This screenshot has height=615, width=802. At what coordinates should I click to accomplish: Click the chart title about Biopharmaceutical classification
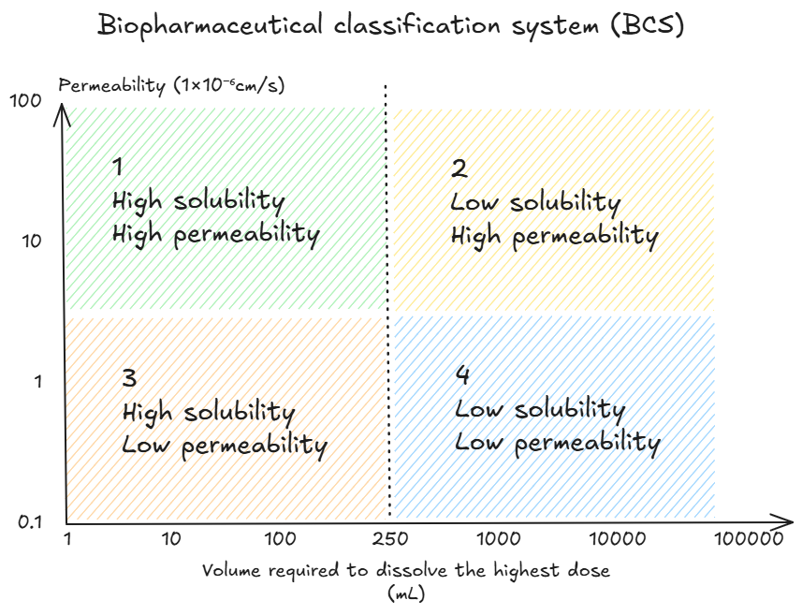point(391,25)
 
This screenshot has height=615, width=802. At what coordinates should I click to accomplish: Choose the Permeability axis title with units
point(171,85)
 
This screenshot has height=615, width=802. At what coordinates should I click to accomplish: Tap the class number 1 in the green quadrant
point(118,168)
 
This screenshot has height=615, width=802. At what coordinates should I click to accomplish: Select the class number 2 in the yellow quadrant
point(459,169)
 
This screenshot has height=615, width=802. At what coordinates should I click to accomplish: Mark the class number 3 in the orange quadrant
point(129,379)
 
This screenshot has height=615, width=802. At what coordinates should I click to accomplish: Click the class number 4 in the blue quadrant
point(462,376)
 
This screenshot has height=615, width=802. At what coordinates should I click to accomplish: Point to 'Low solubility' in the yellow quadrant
point(535,203)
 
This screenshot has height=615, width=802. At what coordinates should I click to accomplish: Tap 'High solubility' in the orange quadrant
point(209,412)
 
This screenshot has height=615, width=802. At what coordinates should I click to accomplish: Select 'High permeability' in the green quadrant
point(216,233)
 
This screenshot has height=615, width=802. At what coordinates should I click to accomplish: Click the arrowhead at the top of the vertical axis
point(64,110)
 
